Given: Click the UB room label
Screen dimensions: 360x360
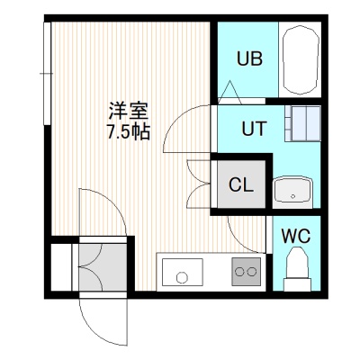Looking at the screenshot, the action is point(249,58).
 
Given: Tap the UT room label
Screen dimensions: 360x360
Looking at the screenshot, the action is point(254,129).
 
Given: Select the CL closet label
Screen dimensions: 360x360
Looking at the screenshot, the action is point(241,184).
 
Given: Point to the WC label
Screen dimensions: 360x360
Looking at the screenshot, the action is point(295,236).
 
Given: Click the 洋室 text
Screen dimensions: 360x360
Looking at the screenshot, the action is point(129,111).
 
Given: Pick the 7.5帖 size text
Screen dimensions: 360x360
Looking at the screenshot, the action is point(129,131).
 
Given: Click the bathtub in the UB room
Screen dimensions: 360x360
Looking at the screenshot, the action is point(301,60).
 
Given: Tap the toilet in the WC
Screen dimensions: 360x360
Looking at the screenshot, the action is point(297,269).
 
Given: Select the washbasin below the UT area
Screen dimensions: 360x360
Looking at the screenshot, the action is point(292,193).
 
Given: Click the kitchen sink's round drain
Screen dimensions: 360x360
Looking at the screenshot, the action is point(182,277).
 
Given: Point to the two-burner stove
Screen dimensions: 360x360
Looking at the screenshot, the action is point(246,272).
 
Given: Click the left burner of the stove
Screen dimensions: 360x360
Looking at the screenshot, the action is point(239,272).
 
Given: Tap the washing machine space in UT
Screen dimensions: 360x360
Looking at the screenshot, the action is point(302,123).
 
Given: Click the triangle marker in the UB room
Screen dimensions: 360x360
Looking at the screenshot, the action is point(229,93).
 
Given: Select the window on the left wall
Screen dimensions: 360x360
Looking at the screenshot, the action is point(47,74).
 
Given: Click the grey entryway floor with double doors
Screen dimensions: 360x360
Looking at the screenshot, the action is point(103,267).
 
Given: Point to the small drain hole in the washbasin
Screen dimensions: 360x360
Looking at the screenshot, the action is point(292,197).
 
